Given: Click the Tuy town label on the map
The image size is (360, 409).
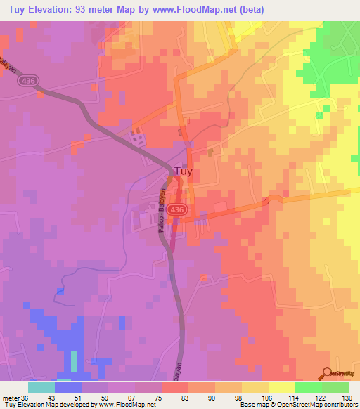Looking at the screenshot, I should pos(184,171).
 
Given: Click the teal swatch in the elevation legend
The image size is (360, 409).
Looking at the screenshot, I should pos(41,387).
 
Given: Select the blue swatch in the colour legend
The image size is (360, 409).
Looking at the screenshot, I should pos(68,387).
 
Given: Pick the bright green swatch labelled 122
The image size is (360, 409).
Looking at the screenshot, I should pos(308,387).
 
